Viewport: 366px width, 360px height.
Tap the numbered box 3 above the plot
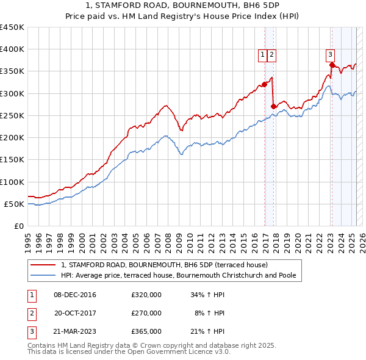tap(330, 54)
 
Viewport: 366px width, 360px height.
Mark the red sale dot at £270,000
tap(273, 107)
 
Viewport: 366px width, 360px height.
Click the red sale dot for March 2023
tap(331, 65)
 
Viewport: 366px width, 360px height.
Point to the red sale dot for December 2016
tap(264, 85)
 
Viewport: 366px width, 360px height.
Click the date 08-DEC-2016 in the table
tap(74, 295)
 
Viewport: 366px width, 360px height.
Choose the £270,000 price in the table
tap(146, 313)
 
